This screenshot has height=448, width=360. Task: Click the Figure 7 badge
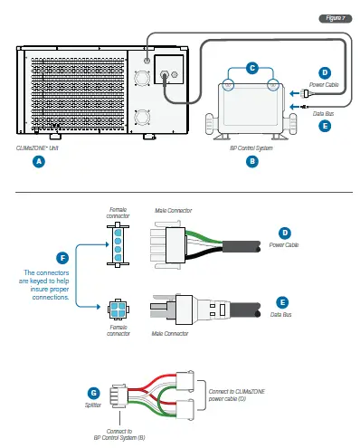coord(335,18)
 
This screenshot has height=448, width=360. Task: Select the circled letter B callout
coord(252,161)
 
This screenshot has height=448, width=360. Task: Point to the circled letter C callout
coord(252,67)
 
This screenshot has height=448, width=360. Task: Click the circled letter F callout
coord(62,259)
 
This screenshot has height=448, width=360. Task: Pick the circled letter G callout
coord(93,393)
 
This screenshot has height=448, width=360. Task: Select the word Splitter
coord(93,406)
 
